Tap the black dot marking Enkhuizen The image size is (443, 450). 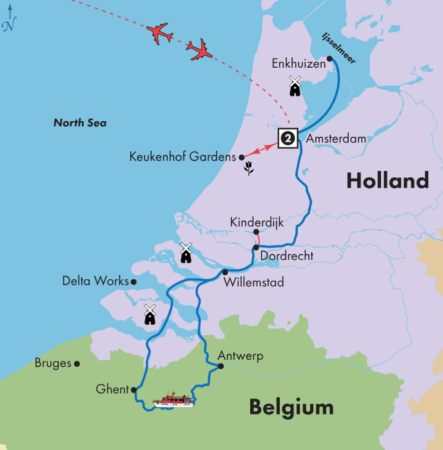pos(330,59)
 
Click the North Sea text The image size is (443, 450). pos(80,123)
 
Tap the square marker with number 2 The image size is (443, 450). pos(288,138)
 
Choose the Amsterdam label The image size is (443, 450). pos(336,139)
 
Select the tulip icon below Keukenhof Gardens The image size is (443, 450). pos(248,169)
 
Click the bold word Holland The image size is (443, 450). pos(387,181)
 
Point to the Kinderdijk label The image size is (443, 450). pos(257,222)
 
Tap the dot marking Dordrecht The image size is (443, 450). pos(256,248)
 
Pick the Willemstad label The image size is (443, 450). pos(253,282)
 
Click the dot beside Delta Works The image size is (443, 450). pos(133,282)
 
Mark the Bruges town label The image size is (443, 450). pos(53,364)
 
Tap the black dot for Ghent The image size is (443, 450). pos(133,389)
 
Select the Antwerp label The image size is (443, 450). pos(241,357)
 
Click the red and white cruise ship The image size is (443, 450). pos(173,400)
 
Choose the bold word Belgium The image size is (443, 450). pos(291,407)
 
